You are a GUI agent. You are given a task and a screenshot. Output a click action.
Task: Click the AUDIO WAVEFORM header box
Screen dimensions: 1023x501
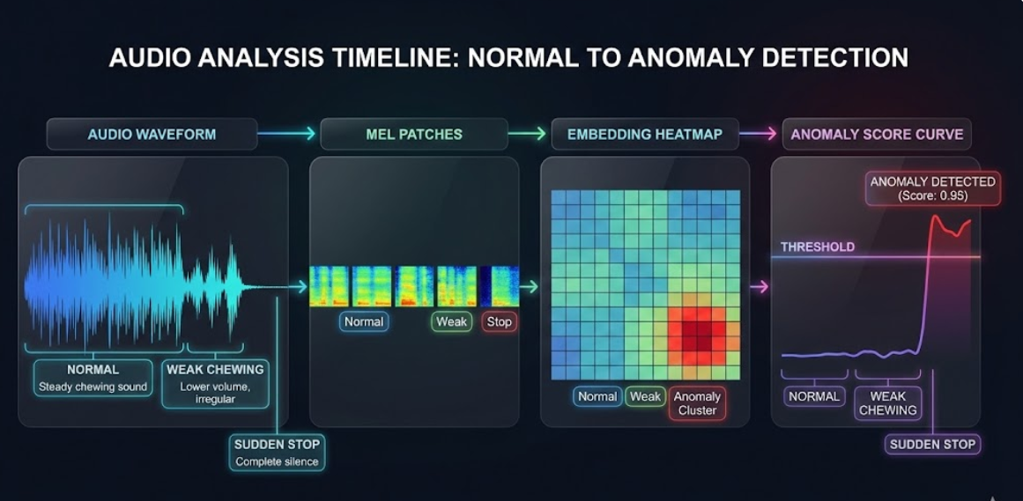pos(152,135)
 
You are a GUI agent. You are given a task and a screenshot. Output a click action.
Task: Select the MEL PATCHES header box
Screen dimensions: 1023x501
pos(414,135)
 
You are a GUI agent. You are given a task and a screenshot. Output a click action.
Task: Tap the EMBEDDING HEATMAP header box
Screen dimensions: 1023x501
pos(645,135)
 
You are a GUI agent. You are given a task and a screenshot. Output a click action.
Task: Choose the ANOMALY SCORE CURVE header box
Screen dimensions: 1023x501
pos(877,135)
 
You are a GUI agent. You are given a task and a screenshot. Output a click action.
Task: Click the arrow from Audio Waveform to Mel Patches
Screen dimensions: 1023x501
pos(286,134)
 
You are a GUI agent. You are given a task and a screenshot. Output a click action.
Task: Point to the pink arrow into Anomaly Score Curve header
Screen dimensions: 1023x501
pos(758,134)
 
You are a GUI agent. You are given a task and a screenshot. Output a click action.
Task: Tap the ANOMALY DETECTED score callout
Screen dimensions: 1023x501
pos(932,188)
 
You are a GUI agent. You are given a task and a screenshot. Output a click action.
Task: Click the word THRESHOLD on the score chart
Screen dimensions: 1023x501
pos(818,247)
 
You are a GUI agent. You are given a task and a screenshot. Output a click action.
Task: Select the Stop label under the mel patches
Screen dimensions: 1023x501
pos(499,321)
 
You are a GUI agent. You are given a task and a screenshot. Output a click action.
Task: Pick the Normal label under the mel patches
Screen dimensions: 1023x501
pos(364,321)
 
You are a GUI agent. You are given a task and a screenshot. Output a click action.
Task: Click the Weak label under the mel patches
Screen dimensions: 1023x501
pos(451,321)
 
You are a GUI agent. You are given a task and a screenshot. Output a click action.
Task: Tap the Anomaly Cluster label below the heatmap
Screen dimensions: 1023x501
pos(697,403)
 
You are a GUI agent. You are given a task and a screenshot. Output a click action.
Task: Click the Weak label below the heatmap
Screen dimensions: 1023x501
pos(645,396)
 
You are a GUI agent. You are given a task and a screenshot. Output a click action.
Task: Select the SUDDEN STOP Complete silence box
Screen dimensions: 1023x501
pos(277,452)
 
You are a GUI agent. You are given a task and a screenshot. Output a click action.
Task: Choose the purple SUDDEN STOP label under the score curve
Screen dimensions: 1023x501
pos(932,445)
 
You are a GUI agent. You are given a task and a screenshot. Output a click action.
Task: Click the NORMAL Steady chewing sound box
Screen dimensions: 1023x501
pos(93,378)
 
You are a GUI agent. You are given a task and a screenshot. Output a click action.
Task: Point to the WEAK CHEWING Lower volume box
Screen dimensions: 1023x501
pos(215,384)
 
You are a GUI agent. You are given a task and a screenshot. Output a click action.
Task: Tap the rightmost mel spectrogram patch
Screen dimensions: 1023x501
pos(500,286)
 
